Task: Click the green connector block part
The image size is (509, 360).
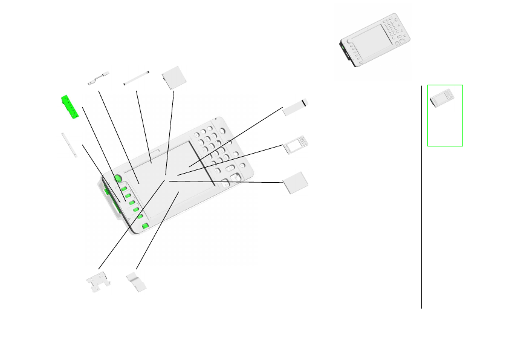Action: pos(71,107)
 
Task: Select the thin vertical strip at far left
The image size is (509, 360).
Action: pos(69,145)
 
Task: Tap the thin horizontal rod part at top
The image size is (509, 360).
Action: pos(136,79)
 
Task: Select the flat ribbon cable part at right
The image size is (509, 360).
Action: pos(295,106)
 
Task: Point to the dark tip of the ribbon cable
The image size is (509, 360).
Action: pos(305,101)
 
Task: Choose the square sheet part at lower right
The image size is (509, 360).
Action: pos(296,183)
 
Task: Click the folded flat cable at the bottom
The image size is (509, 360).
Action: pos(137,282)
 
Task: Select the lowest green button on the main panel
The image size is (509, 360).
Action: pos(145,226)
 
